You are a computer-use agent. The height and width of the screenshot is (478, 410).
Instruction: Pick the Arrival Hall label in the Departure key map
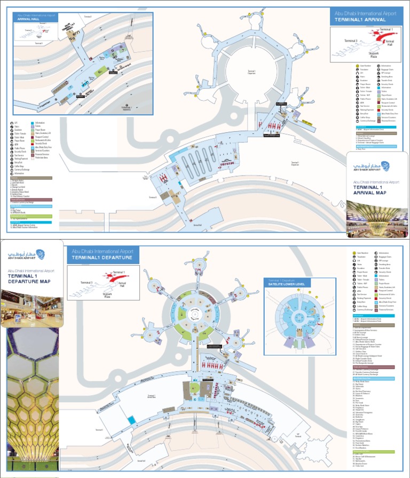pyautogui.click(x=122, y=284)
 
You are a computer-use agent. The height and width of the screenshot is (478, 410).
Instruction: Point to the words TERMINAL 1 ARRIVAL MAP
pyautogui.click(x=369, y=191)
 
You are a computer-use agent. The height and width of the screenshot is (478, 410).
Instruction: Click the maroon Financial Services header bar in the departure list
pyautogui.click(x=374, y=367)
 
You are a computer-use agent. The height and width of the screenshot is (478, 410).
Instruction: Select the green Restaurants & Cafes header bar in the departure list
pyautogui.click(x=374, y=451)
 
